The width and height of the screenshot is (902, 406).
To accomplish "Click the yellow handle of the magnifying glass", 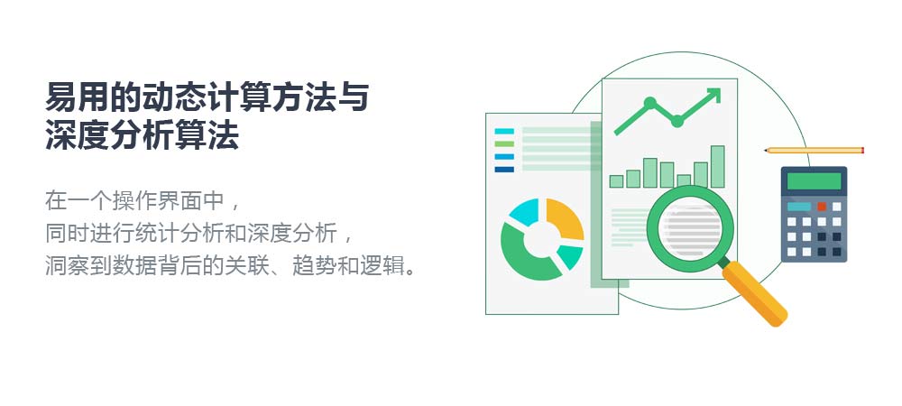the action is click(x=755, y=294).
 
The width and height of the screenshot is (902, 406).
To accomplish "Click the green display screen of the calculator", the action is click(x=814, y=181).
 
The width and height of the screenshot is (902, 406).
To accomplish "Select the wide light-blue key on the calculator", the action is click(x=799, y=207).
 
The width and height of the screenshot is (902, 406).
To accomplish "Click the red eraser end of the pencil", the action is click(x=862, y=151).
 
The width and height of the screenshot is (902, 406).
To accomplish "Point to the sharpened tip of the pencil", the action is click(x=765, y=151).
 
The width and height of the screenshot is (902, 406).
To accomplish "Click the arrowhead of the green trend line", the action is click(x=713, y=95).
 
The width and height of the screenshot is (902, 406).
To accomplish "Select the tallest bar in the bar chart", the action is click(x=717, y=166).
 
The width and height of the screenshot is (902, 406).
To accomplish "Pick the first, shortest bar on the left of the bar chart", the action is click(x=616, y=181).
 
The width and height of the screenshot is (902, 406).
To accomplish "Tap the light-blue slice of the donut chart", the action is click(x=522, y=211).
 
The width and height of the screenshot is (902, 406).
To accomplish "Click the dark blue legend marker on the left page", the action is click(x=504, y=169).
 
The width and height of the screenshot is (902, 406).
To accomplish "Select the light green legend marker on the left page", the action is click(x=504, y=143).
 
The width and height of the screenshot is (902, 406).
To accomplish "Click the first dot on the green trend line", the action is click(x=650, y=103).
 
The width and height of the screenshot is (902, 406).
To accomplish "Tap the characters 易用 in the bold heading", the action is click(x=77, y=97).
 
